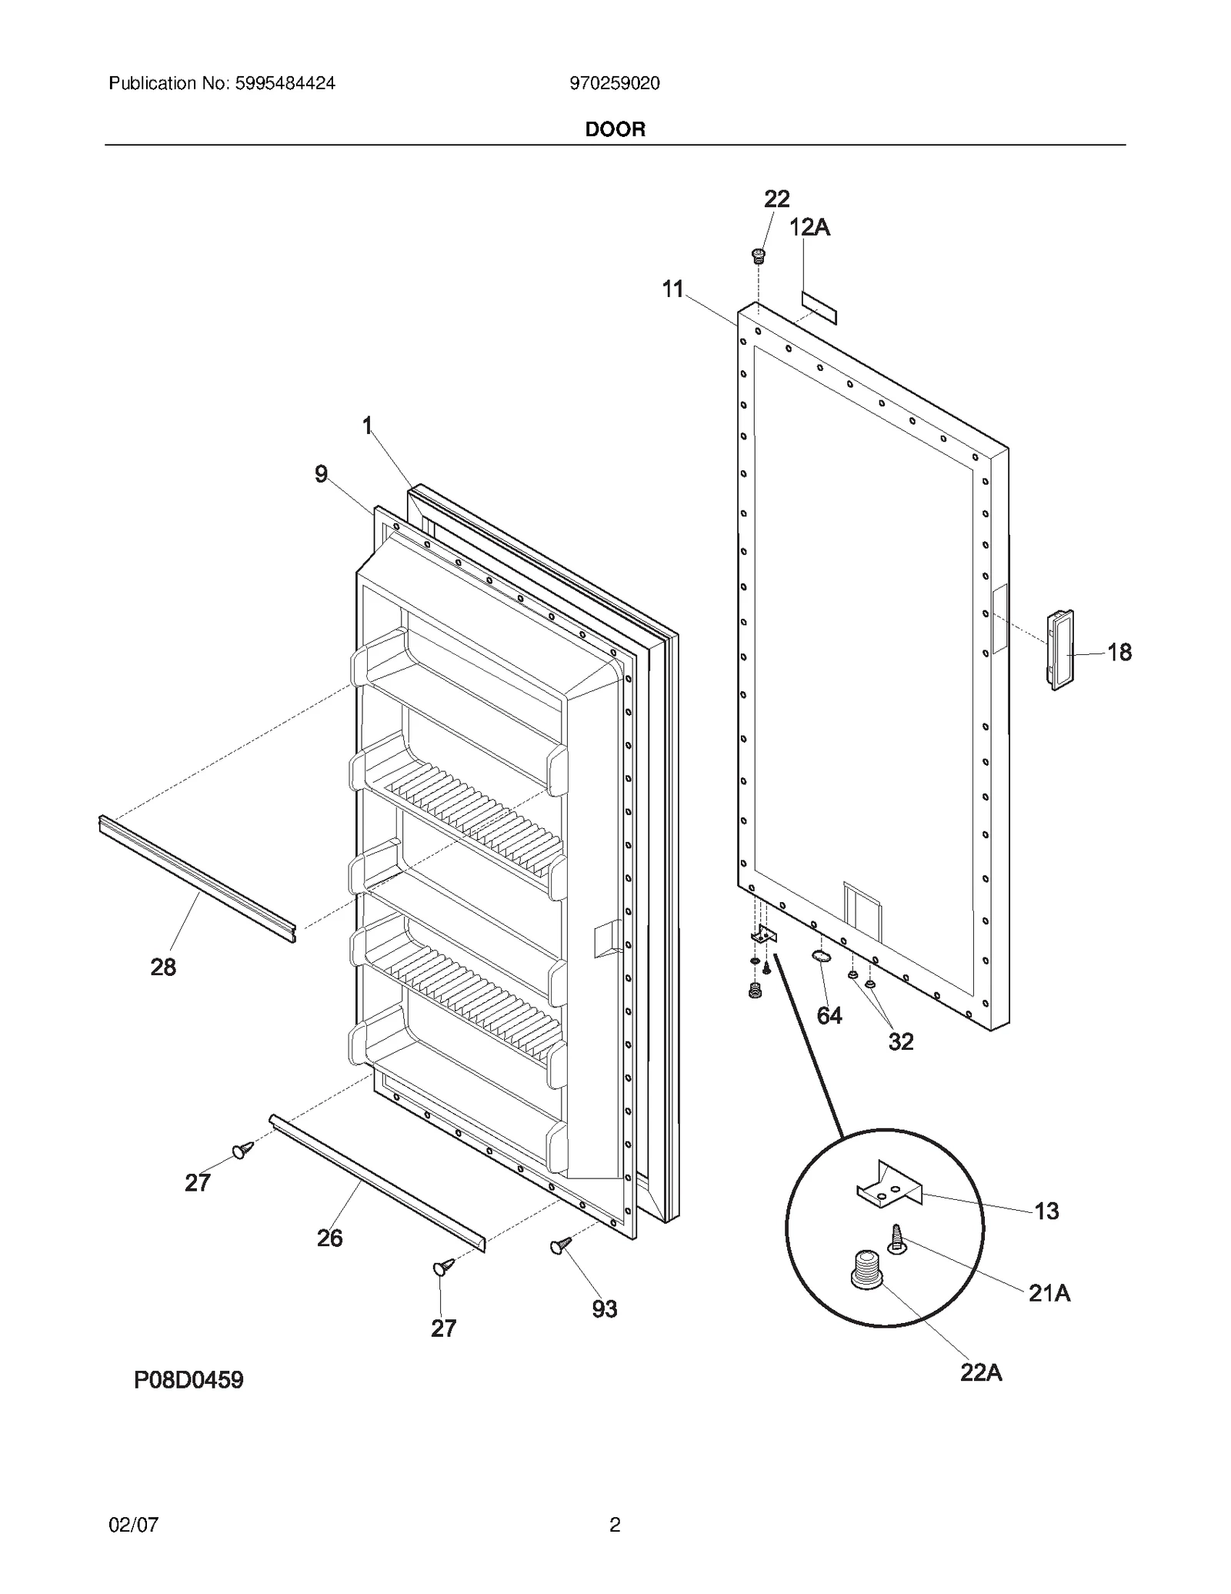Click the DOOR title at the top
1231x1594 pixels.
pyautogui.click(x=615, y=129)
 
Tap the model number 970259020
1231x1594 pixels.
pyautogui.click(x=614, y=83)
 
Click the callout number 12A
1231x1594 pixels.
pyautogui.click(x=809, y=227)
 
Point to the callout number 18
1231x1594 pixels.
pyautogui.click(x=1119, y=652)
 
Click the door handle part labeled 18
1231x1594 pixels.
pyautogui.click(x=1059, y=649)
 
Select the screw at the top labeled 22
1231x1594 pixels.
pyautogui.click(x=759, y=255)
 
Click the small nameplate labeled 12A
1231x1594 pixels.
pyautogui.click(x=819, y=306)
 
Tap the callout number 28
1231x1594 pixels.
pyautogui.click(x=163, y=967)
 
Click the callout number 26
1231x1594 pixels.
pyautogui.click(x=329, y=1238)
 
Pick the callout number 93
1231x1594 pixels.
pyautogui.click(x=605, y=1308)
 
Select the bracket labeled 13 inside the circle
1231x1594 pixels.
pyautogui.click(x=890, y=1186)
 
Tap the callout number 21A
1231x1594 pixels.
pyautogui.click(x=1049, y=1293)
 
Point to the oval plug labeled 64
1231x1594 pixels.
pyautogui.click(x=821, y=957)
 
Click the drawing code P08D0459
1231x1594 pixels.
pyautogui.click(x=188, y=1380)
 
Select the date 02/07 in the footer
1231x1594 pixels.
pyautogui.click(x=134, y=1524)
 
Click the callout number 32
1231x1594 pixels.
pyautogui.click(x=901, y=1041)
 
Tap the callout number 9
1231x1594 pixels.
pyautogui.click(x=321, y=474)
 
